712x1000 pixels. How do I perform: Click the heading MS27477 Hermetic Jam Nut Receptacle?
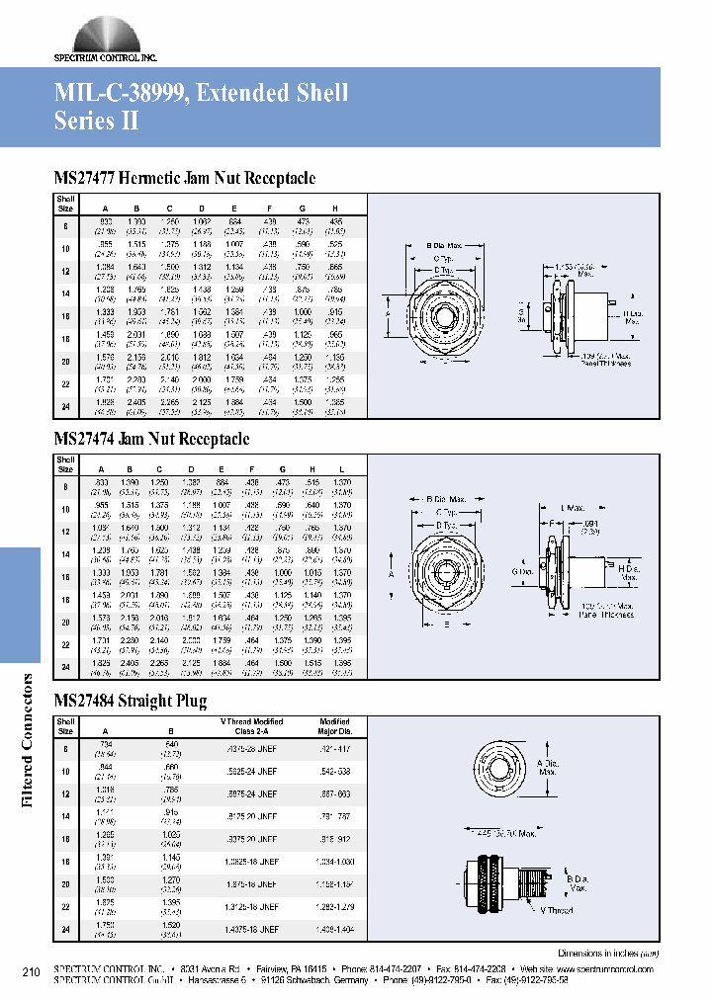click(x=184, y=178)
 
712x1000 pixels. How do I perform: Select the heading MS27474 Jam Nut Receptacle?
click(x=150, y=439)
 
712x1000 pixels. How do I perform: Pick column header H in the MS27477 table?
click(x=335, y=208)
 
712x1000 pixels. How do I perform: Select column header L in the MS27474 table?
click(x=342, y=469)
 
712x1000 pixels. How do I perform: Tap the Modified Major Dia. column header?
click(x=334, y=726)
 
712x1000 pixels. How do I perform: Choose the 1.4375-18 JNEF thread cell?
click(x=251, y=930)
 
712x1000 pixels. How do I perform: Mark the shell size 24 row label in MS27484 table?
click(x=65, y=930)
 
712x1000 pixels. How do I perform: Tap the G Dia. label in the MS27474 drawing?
click(x=523, y=571)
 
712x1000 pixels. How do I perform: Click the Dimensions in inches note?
click(x=604, y=954)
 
